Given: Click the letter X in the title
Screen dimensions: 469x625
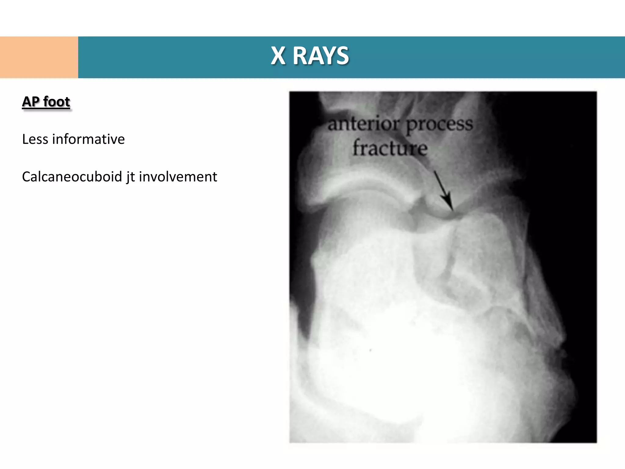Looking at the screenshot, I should [278, 56].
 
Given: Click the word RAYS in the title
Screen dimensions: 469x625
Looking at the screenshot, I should [320, 56].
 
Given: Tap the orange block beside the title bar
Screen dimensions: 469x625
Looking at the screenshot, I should [39, 57].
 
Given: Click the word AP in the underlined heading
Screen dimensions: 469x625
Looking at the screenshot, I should [31, 102].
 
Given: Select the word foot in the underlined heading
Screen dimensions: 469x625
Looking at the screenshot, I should [56, 102].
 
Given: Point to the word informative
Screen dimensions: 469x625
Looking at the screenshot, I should [89, 139].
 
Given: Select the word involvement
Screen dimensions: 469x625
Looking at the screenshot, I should [178, 177].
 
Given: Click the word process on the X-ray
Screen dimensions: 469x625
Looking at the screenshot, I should [439, 124].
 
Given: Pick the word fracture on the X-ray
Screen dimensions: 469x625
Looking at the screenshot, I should [390, 148].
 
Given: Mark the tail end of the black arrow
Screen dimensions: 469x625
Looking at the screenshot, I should [435, 172].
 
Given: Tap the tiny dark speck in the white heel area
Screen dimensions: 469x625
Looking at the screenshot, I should [370, 350].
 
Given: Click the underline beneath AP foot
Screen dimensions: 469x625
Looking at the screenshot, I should [46, 109].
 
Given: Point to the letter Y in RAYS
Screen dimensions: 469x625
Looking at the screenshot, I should [325, 56].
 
